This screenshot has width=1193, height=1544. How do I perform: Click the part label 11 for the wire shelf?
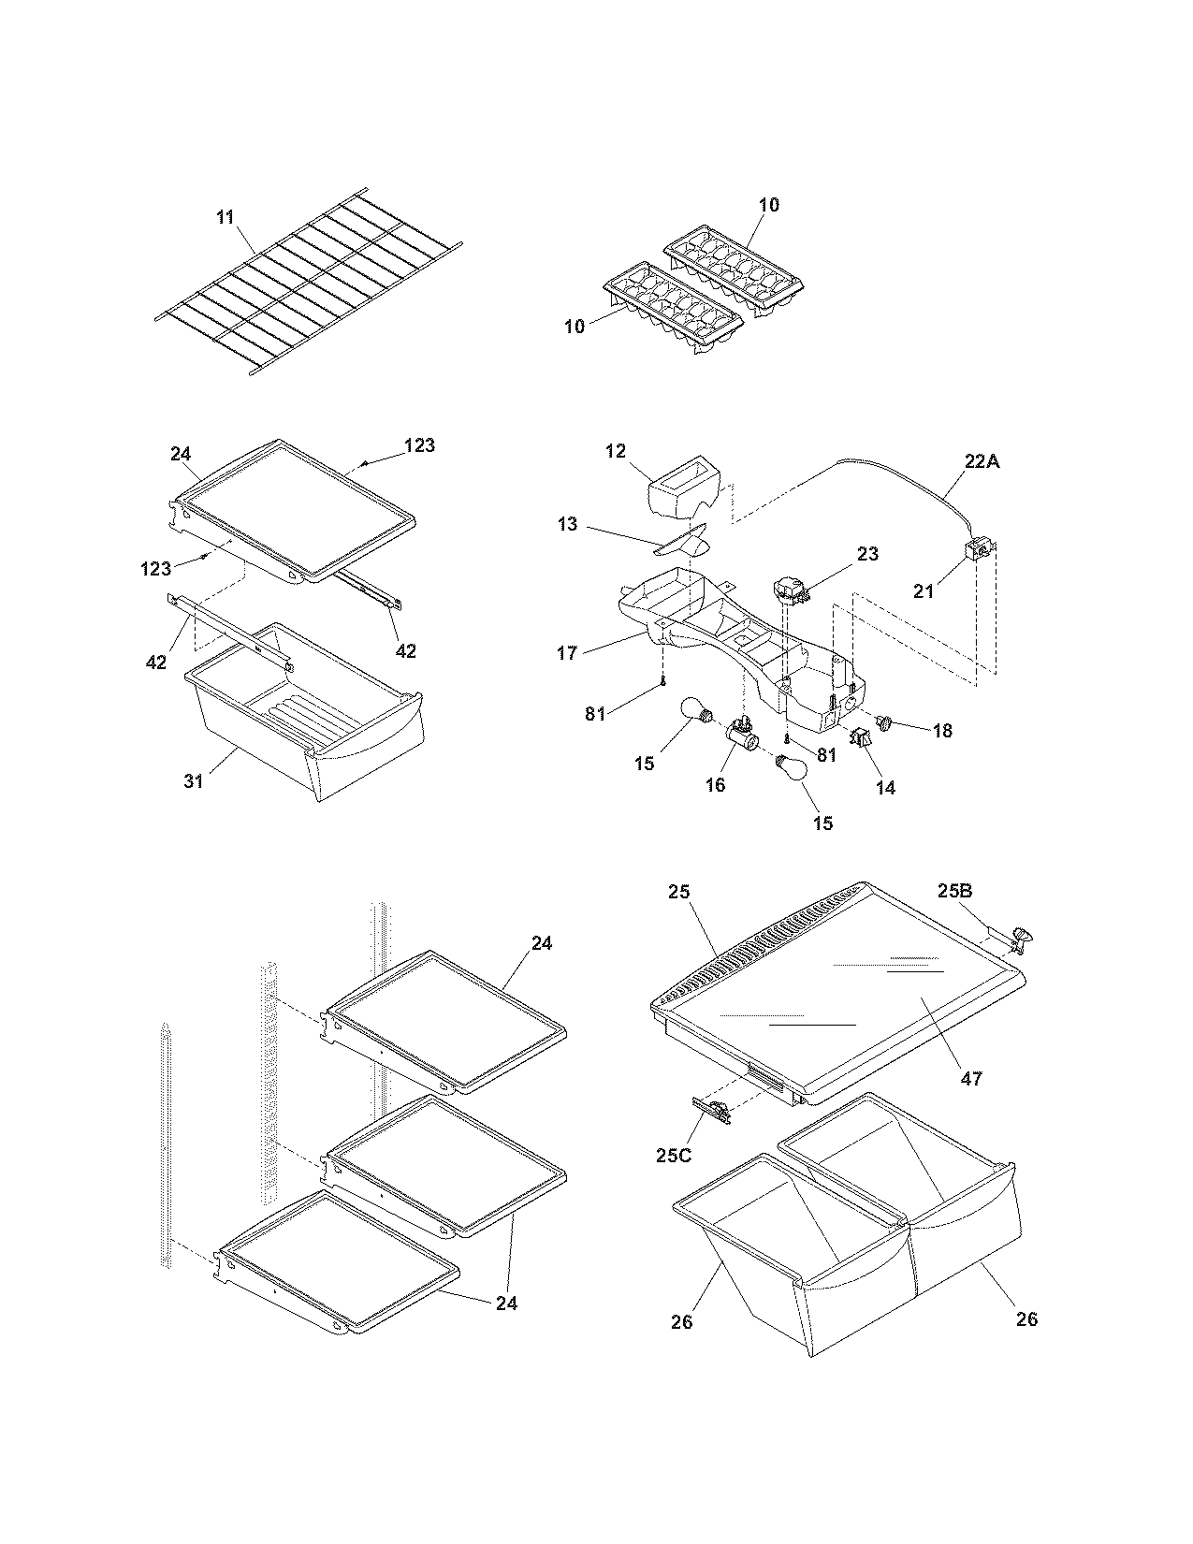[225, 217]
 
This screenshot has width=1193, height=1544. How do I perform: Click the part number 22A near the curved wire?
[981, 460]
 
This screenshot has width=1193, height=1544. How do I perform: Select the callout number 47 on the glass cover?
[971, 1078]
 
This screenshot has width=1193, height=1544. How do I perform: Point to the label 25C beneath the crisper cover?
[673, 1155]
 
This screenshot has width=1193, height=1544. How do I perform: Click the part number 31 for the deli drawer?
[194, 780]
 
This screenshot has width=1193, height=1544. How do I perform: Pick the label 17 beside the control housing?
[567, 652]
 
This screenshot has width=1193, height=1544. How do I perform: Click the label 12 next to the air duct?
[615, 451]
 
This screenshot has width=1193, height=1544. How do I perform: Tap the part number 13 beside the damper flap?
[567, 524]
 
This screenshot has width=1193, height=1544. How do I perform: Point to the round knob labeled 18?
[886, 721]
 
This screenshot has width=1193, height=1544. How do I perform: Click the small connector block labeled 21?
[979, 551]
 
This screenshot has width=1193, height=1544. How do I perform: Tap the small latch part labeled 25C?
[716, 1111]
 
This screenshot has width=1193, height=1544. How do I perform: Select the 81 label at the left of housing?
[595, 714]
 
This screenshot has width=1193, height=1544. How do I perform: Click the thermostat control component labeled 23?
[788, 591]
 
